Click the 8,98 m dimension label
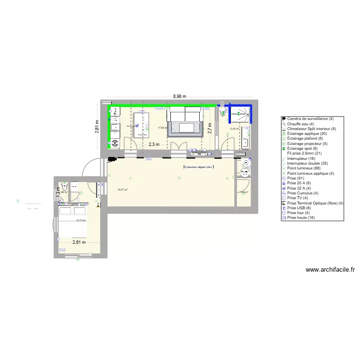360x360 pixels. point(180,96)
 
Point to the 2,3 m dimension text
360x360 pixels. point(154,144)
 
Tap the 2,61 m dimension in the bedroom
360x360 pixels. point(79,242)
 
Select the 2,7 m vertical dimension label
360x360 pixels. point(210,128)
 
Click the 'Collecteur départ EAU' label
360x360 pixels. point(199,167)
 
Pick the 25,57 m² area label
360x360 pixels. point(122,190)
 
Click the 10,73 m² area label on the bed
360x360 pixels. point(80,221)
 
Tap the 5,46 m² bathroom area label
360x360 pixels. point(234,129)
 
